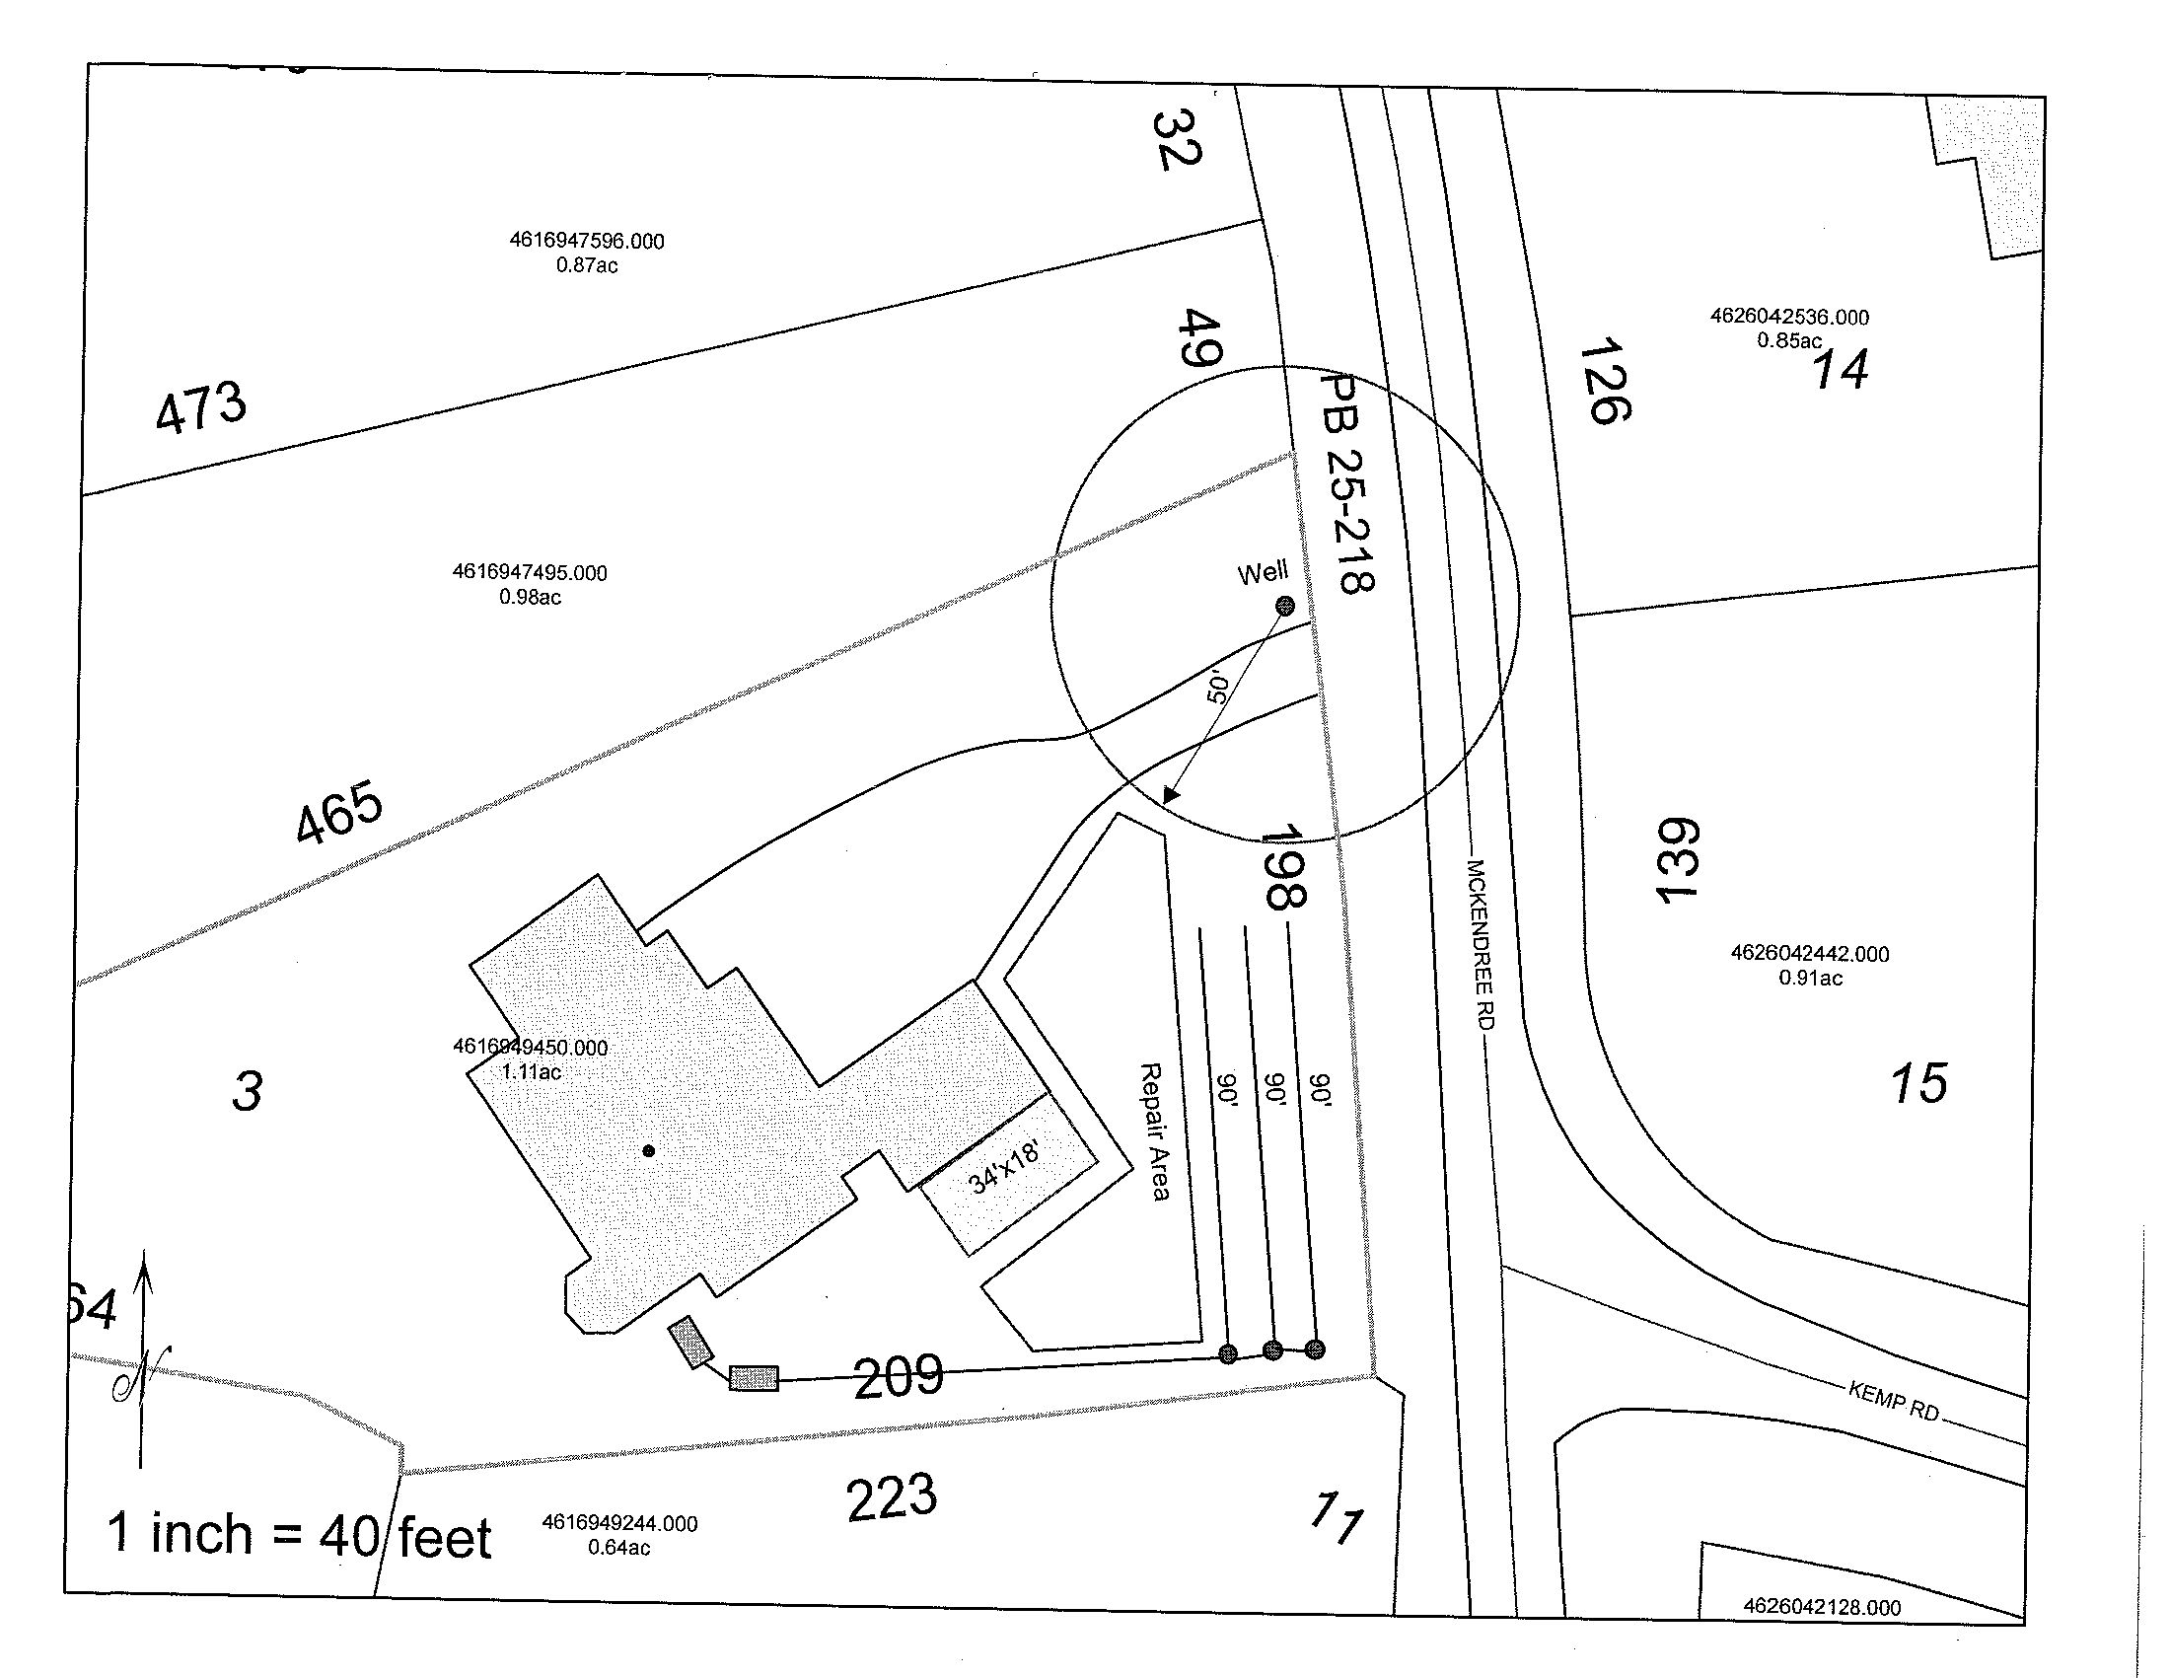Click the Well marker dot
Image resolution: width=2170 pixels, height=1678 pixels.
(1284, 605)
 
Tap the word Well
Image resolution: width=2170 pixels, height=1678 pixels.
(1262, 573)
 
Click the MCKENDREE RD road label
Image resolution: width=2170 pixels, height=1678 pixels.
(1481, 944)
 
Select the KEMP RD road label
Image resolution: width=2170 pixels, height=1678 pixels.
(1894, 1400)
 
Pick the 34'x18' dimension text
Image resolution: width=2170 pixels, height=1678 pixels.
(1004, 1167)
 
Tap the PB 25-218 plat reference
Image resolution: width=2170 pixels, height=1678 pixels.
(1347, 483)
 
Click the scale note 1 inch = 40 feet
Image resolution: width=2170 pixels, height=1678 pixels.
(299, 1535)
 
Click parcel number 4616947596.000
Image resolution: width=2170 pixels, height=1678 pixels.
(586, 241)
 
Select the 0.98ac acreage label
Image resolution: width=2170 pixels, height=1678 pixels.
(530, 597)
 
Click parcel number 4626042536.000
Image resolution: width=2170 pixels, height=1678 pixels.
(1788, 317)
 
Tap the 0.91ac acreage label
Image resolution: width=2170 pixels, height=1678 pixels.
(1810, 978)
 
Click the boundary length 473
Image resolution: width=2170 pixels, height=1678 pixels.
(200, 406)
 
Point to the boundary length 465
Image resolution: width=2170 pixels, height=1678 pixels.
(338, 812)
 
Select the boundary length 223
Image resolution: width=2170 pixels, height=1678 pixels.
(892, 1498)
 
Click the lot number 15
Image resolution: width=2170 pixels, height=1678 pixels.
(1918, 1083)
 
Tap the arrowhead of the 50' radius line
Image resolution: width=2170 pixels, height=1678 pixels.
(1171, 795)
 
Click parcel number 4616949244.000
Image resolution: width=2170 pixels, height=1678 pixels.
(619, 1523)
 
